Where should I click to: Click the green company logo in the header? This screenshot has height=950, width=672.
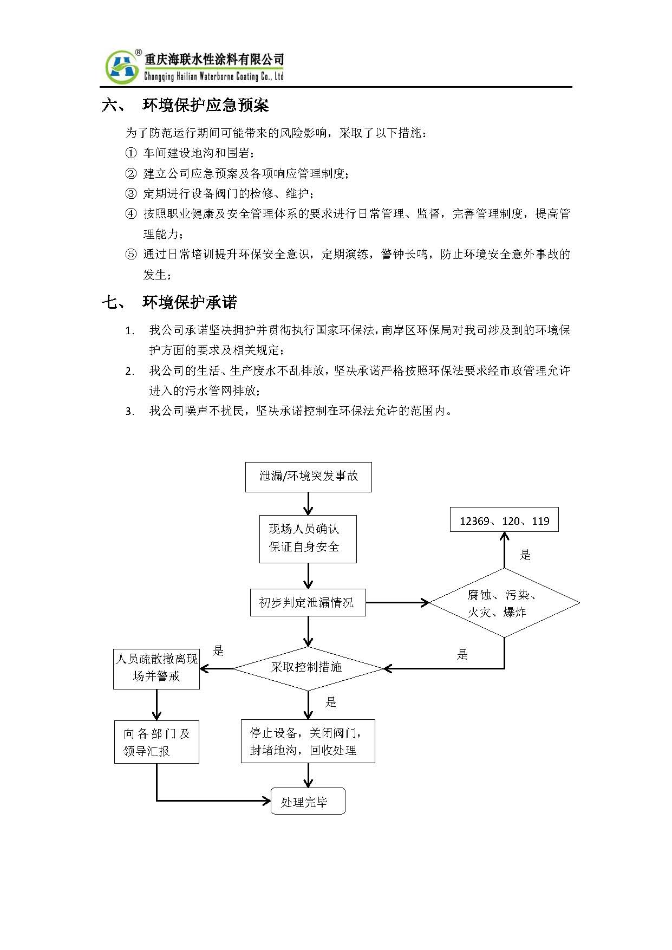[x=122, y=67]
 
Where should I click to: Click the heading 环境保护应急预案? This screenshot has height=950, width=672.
[x=206, y=105]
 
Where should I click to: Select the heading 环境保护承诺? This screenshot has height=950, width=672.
[x=190, y=302]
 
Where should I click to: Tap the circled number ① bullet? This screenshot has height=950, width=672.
[x=131, y=153]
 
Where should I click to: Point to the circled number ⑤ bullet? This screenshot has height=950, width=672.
[x=131, y=255]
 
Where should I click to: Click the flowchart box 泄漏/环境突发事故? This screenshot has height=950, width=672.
[x=309, y=477]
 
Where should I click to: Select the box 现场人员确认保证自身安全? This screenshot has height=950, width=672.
[x=308, y=539]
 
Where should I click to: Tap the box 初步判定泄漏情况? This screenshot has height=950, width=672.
[x=308, y=602]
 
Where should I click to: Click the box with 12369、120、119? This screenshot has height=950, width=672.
[x=504, y=520]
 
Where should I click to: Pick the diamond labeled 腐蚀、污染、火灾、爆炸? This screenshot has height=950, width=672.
[x=504, y=603]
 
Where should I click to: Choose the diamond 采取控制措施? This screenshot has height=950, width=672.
[x=308, y=668]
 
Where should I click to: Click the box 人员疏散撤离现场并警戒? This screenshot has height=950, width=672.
[x=156, y=669]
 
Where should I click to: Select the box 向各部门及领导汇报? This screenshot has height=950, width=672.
[x=156, y=741]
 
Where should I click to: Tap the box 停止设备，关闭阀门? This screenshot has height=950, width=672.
[x=308, y=741]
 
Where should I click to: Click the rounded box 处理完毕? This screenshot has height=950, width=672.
[x=308, y=801]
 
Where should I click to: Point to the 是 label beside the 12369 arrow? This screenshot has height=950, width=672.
[x=525, y=555]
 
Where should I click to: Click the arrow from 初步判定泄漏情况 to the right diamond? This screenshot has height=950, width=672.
[x=397, y=602]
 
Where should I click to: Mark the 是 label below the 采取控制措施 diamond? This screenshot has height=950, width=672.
[x=331, y=702]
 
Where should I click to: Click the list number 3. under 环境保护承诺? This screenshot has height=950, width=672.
[x=129, y=412]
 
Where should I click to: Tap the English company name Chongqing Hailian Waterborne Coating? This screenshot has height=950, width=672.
[x=214, y=76]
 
